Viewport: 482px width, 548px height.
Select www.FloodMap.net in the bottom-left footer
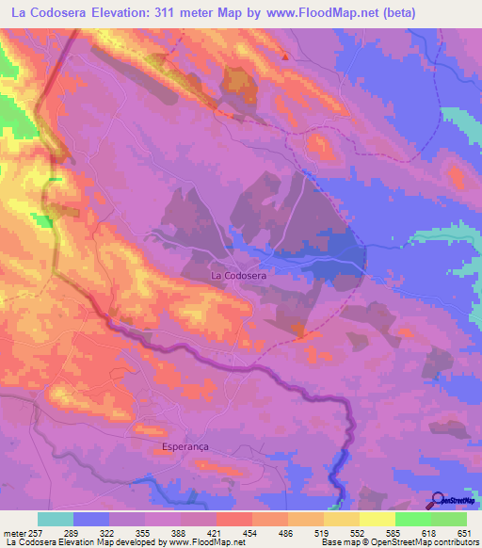click(x=201, y=542)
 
